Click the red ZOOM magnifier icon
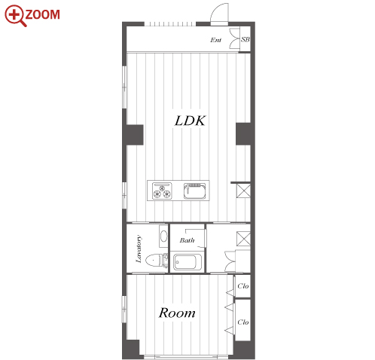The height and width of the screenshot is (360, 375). pyautogui.click(x=15, y=15)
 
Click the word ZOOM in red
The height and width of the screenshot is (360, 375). pyautogui.click(x=43, y=14)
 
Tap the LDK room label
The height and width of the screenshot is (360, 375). pyautogui.click(x=190, y=121)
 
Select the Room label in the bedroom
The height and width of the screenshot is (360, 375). pyautogui.click(x=177, y=313)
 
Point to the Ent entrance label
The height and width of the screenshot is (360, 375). pyautogui.click(x=216, y=40)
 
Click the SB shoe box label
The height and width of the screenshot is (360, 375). pyautogui.click(x=245, y=39)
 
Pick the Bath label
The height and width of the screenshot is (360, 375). pyautogui.click(x=187, y=240)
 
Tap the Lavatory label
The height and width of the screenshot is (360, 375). pyautogui.click(x=139, y=249)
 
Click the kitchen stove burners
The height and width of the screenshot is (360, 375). pyautogui.click(x=162, y=191)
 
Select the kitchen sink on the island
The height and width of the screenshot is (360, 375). pyautogui.click(x=195, y=191)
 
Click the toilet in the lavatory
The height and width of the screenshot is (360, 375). pyautogui.click(x=154, y=261)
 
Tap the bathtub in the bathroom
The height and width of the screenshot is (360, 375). pyautogui.click(x=187, y=262)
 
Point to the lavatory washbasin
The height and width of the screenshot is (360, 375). pyautogui.click(x=163, y=236)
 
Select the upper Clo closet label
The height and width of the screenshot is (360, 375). pyautogui.click(x=243, y=286)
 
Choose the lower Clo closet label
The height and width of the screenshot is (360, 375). pyautogui.click(x=243, y=322)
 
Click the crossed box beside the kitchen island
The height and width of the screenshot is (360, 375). pyautogui.click(x=243, y=191)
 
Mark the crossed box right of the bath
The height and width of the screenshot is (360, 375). pyautogui.click(x=243, y=239)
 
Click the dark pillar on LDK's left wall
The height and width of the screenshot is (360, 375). pyautogui.click(x=133, y=135)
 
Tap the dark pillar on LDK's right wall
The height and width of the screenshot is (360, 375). pyautogui.click(x=245, y=134)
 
